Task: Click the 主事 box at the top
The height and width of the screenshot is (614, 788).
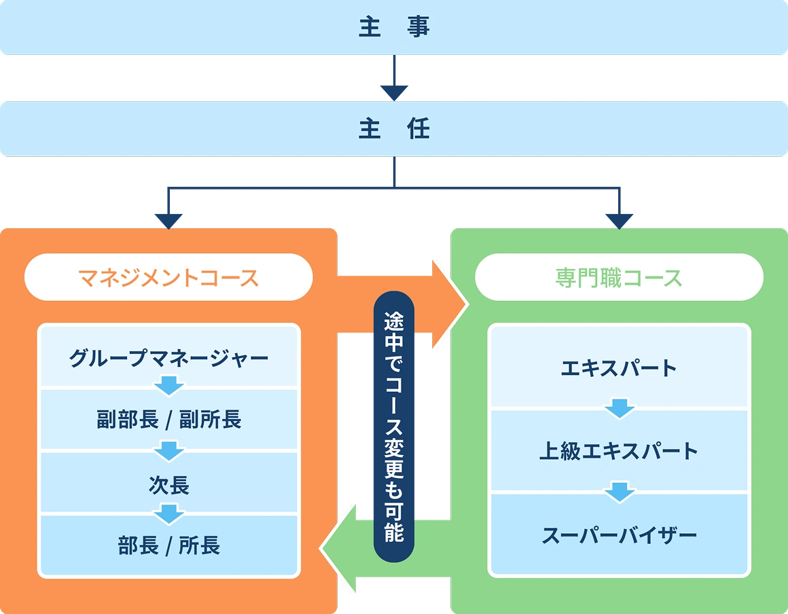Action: tap(394, 28)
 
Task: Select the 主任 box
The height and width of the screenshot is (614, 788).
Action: tap(394, 129)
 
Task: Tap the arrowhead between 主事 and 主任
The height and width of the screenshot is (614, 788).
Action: tap(394, 91)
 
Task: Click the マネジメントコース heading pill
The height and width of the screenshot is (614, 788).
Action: tap(168, 277)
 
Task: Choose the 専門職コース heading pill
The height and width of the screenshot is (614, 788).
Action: tap(619, 277)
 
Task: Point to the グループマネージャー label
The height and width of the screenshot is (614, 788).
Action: tap(168, 357)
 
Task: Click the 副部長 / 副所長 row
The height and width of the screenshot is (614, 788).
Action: tap(168, 420)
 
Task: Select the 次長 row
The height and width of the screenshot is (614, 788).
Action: tap(168, 485)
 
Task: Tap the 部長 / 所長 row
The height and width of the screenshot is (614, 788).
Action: tap(168, 546)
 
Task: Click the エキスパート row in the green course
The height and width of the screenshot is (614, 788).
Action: tap(619, 368)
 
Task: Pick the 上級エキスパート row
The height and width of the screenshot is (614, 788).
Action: tap(619, 451)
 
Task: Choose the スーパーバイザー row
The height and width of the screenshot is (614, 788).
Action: tap(619, 536)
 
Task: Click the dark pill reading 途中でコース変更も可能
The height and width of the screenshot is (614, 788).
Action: tap(394, 427)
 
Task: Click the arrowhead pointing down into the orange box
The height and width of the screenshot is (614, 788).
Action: tap(169, 220)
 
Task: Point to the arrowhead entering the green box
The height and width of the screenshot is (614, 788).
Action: tap(619, 220)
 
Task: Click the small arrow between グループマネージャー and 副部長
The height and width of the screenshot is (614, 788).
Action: tap(168, 388)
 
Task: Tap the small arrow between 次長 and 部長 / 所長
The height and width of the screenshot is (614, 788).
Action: tap(168, 514)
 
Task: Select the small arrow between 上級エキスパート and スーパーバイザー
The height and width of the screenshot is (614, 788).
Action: tap(619, 492)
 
